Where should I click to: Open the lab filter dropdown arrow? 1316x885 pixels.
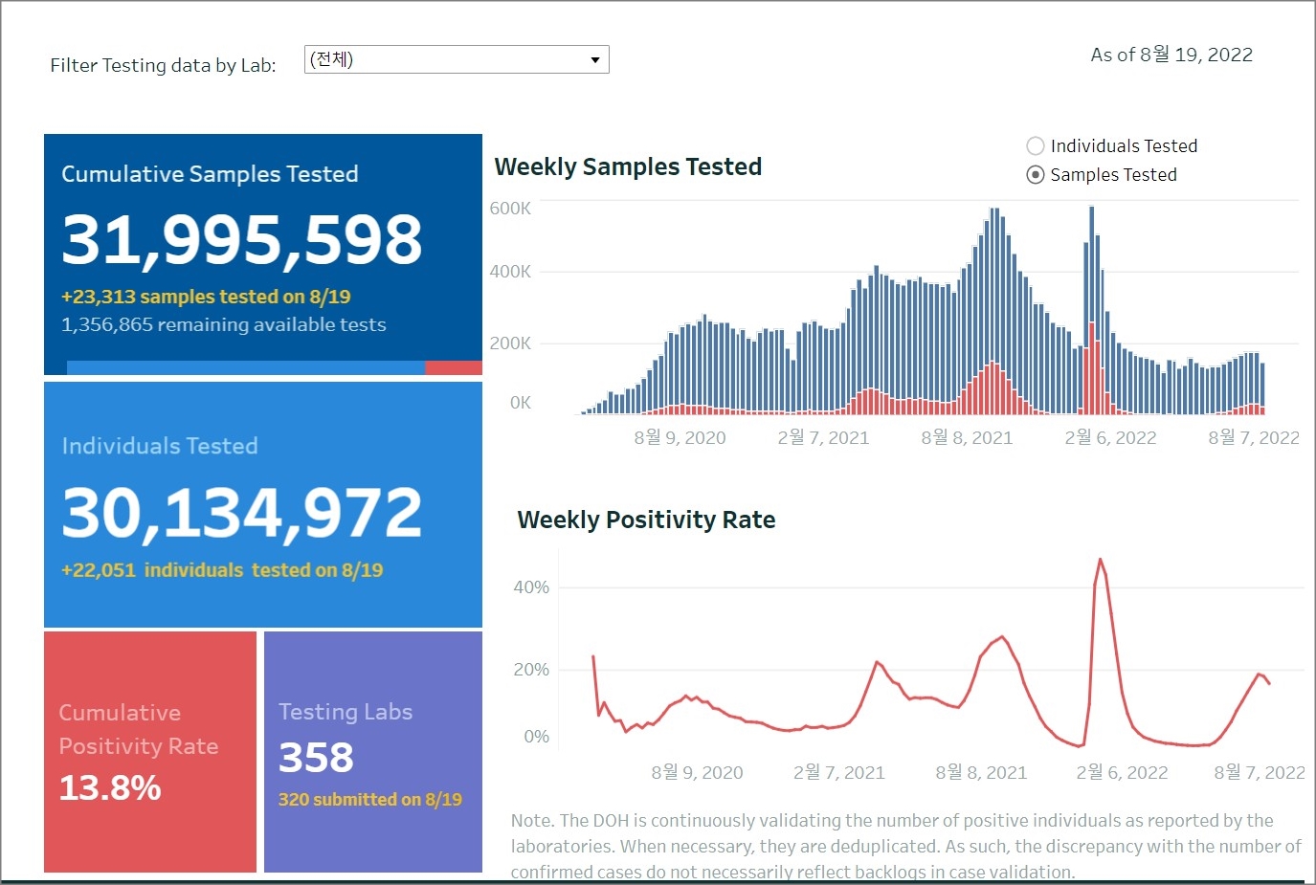[594, 60]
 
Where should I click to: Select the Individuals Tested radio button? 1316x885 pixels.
[1035, 146]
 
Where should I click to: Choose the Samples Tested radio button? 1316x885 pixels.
[1035, 175]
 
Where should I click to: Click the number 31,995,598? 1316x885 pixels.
[241, 239]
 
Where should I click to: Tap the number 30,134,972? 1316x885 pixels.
[241, 513]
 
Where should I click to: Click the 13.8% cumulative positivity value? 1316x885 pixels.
[110, 788]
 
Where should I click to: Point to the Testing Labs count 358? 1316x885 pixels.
[316, 758]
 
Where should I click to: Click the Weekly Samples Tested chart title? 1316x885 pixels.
[628, 166]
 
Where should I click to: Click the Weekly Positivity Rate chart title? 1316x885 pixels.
[646, 520]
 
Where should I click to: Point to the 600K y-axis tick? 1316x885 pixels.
[510, 209]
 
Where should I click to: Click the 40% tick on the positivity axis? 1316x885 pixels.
[531, 587]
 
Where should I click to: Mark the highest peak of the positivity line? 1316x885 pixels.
[1100, 560]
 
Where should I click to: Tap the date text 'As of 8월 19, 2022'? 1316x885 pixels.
[1171, 55]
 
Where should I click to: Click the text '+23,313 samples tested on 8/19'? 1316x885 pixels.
[206, 297]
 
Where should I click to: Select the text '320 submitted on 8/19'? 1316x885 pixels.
[369, 800]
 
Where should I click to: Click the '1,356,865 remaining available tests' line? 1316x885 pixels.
[223, 325]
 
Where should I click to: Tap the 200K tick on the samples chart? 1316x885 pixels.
[510, 343]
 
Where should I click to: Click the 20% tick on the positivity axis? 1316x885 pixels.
[531, 670]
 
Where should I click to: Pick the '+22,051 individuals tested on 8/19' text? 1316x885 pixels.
[222, 570]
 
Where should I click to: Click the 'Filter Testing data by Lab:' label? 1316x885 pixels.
[163, 65]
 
